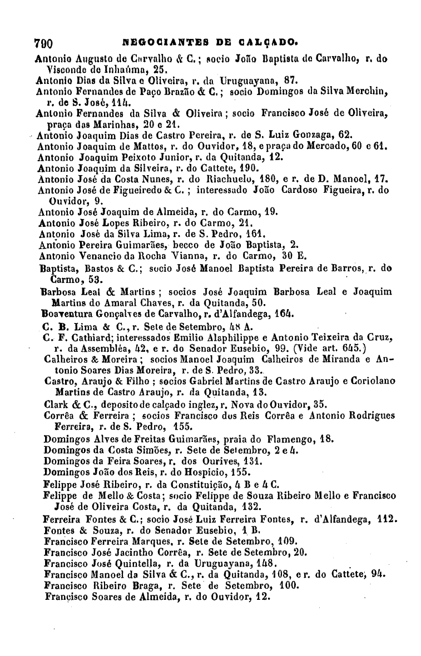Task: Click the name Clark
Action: pos(56,404)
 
